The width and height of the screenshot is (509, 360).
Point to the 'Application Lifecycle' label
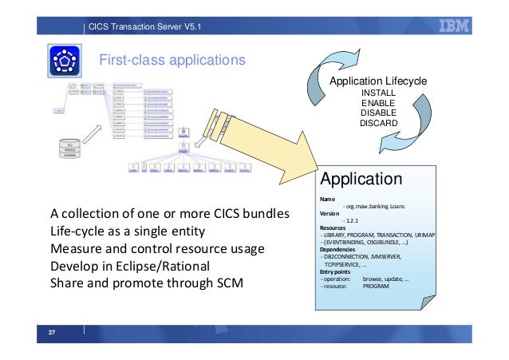click(x=379, y=81)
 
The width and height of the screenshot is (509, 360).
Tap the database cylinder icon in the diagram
click(x=73, y=148)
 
